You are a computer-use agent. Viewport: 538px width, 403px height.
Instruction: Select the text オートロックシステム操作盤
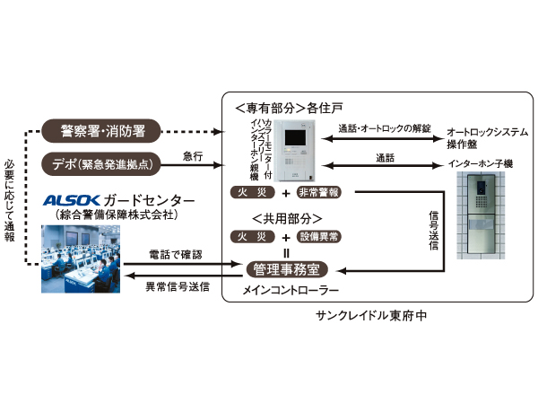tap(486, 137)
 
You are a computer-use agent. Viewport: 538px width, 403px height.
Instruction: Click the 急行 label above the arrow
tap(192, 155)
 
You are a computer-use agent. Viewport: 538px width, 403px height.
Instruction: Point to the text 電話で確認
tap(175, 256)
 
